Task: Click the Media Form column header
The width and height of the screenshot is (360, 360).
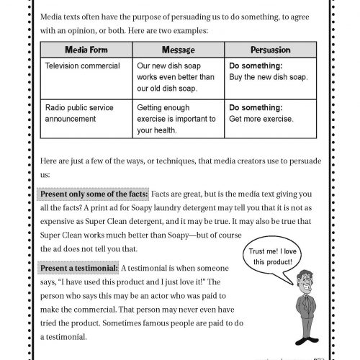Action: pyautogui.click(x=86, y=51)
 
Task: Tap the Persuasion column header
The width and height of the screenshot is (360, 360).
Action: pyautogui.click(x=270, y=51)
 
